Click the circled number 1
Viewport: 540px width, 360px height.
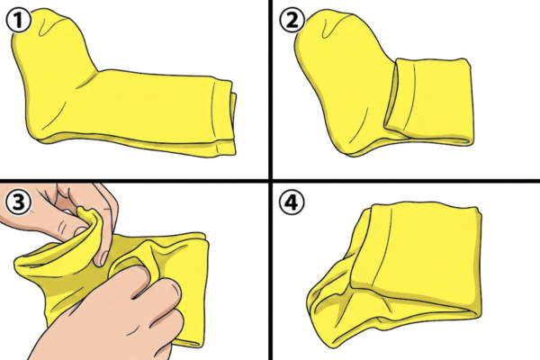[19, 21]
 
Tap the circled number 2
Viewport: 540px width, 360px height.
[292, 21]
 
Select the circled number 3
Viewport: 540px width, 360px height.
[19, 202]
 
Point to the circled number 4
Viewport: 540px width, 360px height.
[292, 202]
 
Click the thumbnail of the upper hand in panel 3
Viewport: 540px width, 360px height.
[103, 259]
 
